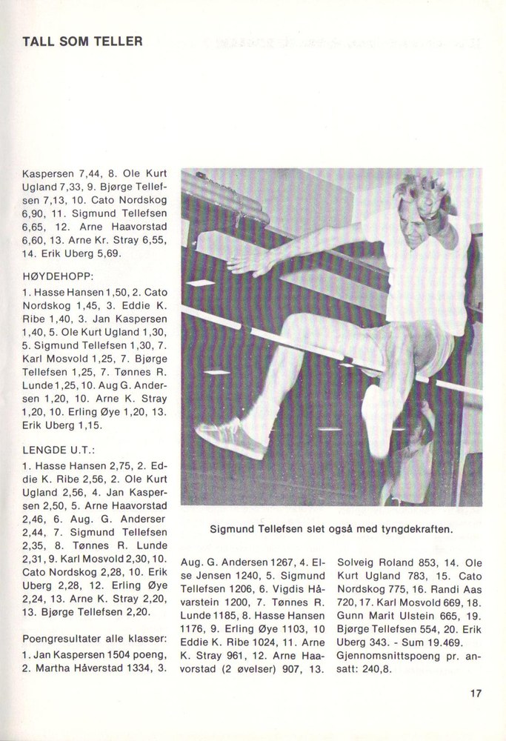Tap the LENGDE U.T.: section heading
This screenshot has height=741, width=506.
point(55,450)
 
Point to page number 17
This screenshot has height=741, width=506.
point(476,694)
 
